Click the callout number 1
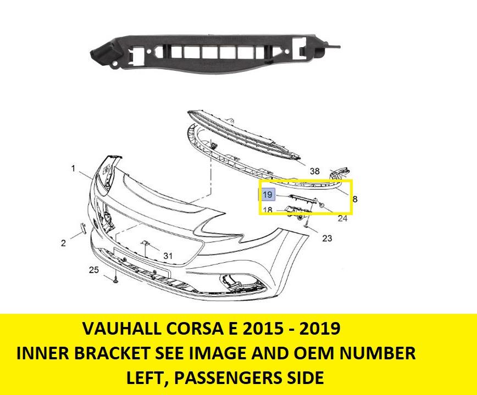point(73,169)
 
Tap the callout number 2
point(63,242)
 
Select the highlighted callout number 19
point(267,195)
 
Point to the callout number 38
point(314,171)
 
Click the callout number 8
point(355,200)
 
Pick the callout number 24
point(342,218)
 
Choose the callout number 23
point(327,238)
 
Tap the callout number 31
point(168,256)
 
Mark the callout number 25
point(94,269)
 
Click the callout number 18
point(267,210)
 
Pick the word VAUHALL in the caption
point(113,329)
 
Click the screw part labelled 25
point(116,281)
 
